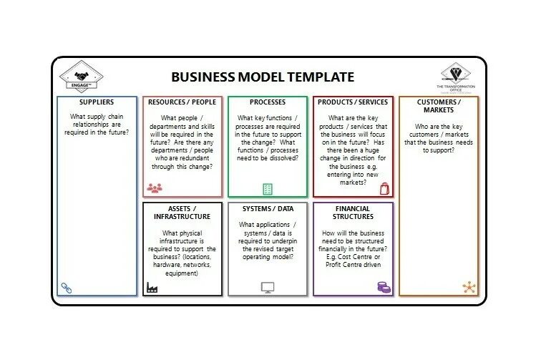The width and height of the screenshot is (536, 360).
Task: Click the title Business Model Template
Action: [263, 77]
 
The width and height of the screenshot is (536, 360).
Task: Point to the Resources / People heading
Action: [182, 102]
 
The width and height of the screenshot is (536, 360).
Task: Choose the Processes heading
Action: [268, 102]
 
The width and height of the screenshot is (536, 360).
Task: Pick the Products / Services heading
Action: [353, 102]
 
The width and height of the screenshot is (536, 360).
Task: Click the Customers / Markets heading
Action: [438, 106]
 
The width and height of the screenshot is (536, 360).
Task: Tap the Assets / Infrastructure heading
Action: [182, 213]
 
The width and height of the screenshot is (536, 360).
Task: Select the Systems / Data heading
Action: [268, 209]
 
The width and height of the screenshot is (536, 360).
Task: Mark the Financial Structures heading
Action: [353, 213]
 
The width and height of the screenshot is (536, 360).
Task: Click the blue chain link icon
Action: [67, 287]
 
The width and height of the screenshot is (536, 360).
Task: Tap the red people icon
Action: [154, 188]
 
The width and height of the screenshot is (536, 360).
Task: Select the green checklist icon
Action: [268, 189]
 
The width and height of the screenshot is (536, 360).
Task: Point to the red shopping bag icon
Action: [384, 188]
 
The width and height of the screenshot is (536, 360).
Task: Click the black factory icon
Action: [152, 287]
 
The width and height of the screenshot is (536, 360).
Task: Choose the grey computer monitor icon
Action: [268, 288]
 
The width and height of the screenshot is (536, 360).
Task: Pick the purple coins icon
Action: [384, 287]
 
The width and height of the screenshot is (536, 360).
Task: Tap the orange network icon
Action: [469, 287]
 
